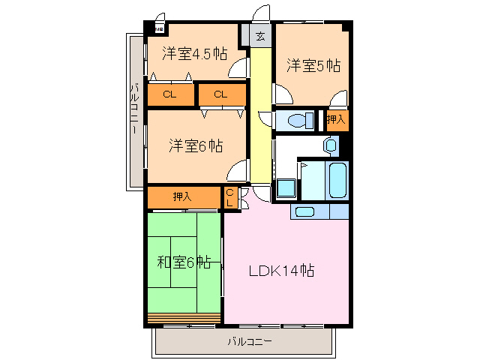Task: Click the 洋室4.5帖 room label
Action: tap(194, 53)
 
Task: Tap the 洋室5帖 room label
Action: tap(313, 66)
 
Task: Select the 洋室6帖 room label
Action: tap(195, 145)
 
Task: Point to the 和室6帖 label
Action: tap(184, 262)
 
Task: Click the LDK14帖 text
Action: tap(281, 271)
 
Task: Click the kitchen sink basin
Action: tap(304, 211)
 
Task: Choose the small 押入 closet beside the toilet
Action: tap(335, 119)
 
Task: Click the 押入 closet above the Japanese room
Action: tap(182, 197)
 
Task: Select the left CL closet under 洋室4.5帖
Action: tap(169, 94)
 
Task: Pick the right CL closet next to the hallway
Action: tap(220, 94)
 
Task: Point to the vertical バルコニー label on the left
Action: tap(134, 109)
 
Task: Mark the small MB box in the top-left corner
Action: tap(159, 29)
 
